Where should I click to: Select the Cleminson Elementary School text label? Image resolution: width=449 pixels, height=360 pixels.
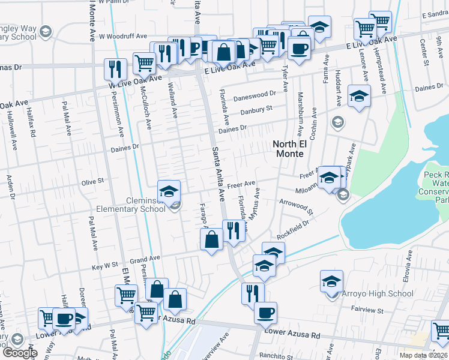point(137,205)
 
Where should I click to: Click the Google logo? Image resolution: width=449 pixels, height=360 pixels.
point(20,353)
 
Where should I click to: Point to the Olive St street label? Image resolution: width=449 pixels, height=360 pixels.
point(92,180)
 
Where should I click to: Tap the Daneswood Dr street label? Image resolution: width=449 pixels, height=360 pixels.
point(255,94)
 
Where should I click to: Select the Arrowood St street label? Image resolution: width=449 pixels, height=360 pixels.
point(297,206)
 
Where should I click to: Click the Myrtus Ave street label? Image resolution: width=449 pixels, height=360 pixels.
point(255,204)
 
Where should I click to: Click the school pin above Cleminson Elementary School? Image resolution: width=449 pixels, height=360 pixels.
point(169,191)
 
